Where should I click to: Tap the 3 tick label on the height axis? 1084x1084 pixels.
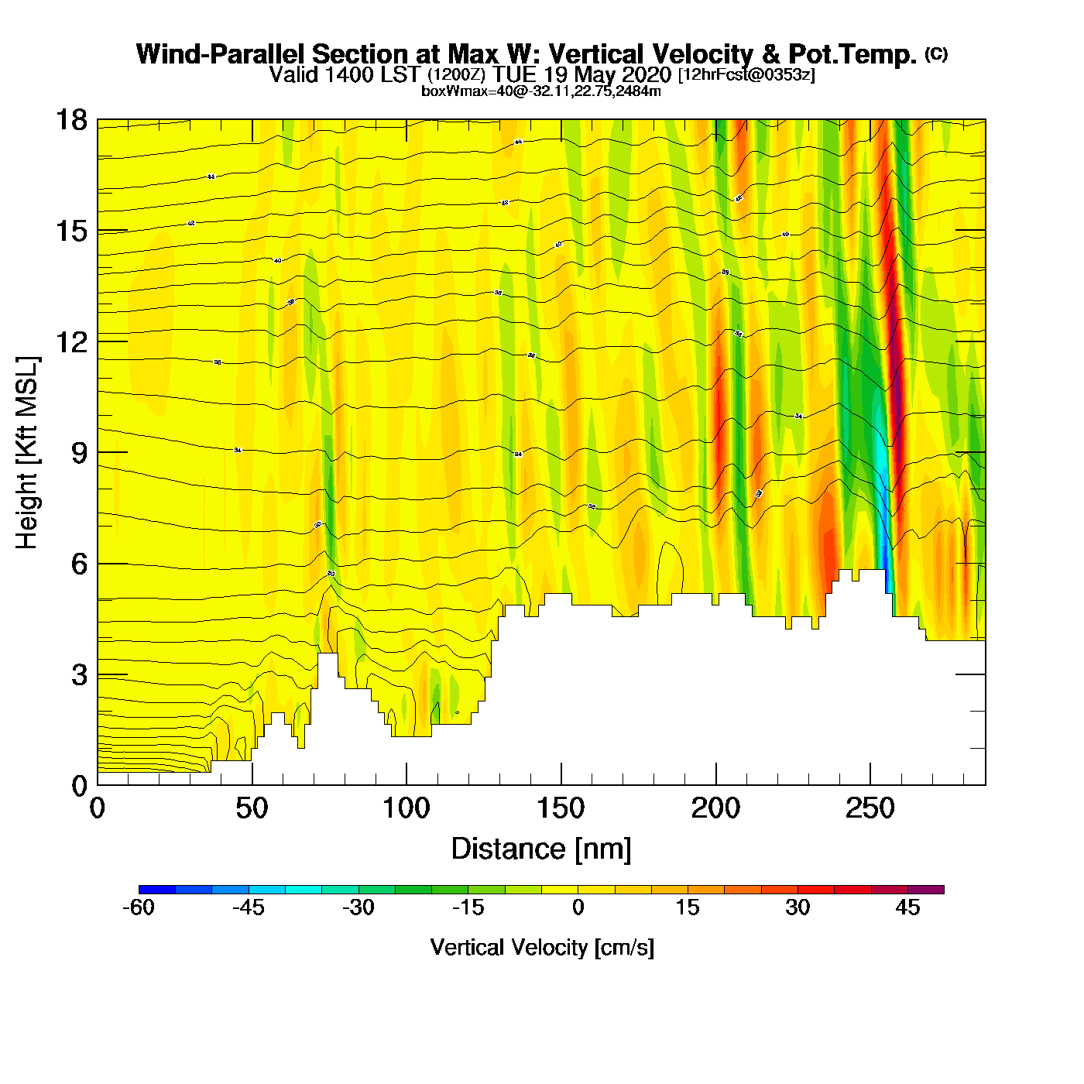point(79,675)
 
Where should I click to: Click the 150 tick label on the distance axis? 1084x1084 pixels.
point(561,808)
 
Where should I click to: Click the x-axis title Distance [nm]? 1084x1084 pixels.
point(541,849)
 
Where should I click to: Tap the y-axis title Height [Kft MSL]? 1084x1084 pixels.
point(27,453)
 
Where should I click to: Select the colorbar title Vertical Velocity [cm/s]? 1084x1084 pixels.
point(542,947)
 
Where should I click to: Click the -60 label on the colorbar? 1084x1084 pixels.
point(139,907)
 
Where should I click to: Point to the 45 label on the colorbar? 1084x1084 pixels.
point(907,907)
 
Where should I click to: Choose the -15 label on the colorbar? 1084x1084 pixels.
point(468,907)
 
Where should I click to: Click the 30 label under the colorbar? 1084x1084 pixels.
point(798,907)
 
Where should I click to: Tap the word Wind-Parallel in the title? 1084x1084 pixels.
point(222,54)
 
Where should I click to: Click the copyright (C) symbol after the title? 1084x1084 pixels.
point(935,53)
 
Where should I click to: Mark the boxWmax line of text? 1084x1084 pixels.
point(540,91)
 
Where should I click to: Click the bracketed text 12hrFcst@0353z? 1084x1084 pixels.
point(746,75)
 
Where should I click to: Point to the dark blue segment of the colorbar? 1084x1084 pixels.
point(157,890)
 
